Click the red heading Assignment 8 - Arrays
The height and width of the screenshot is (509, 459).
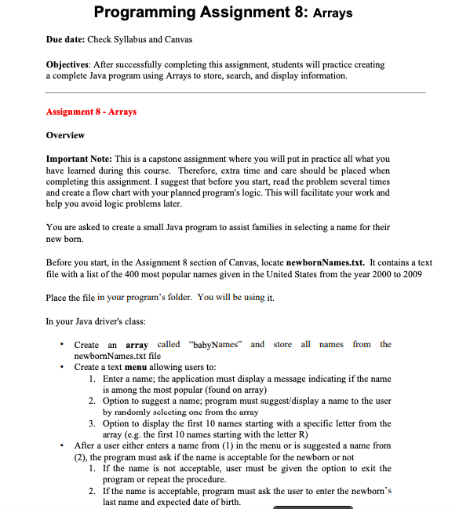pos(91,112)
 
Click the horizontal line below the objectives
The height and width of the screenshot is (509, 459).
pos(235,92)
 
